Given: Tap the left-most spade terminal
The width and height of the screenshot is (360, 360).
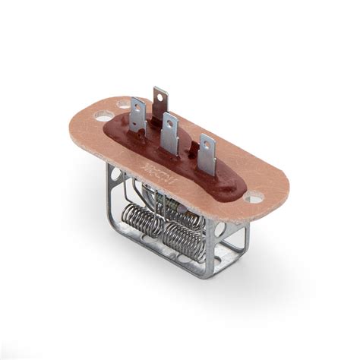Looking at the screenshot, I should point(137,118).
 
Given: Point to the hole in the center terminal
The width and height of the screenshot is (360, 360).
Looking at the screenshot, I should point(171,124).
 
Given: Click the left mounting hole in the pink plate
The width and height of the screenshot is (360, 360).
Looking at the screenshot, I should point(103,118).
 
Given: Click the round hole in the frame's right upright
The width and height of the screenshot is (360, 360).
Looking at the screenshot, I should point(223,229).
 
